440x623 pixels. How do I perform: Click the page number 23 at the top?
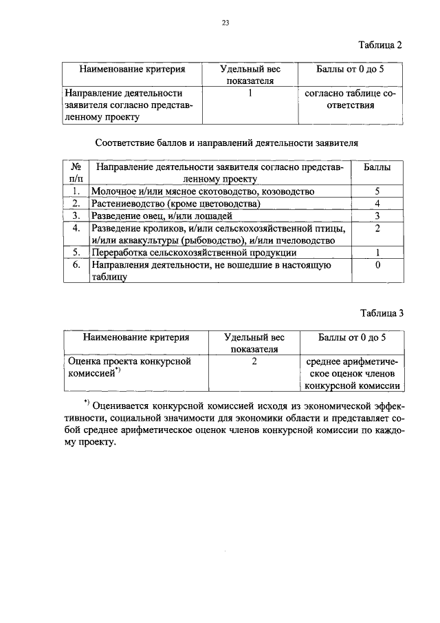(225, 23)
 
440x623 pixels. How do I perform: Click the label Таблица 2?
(380, 45)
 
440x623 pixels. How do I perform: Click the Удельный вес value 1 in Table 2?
(252, 92)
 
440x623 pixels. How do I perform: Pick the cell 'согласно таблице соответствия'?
(351, 99)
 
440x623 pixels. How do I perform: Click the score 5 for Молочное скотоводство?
(377, 191)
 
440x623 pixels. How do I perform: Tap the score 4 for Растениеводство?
(377, 204)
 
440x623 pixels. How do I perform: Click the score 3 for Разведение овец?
(377, 216)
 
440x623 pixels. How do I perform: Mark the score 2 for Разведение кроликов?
(377, 229)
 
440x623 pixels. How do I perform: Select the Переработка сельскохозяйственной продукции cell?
(194, 253)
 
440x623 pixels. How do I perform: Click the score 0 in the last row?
(377, 265)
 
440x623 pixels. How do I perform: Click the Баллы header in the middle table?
(377, 167)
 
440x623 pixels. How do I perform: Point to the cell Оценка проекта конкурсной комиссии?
(127, 367)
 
